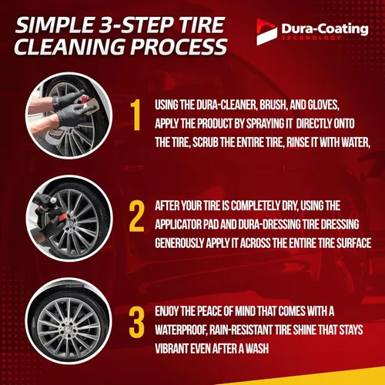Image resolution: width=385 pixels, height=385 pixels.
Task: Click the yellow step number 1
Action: (x=135, y=115)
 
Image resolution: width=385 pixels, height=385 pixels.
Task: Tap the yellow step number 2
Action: (x=136, y=216)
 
